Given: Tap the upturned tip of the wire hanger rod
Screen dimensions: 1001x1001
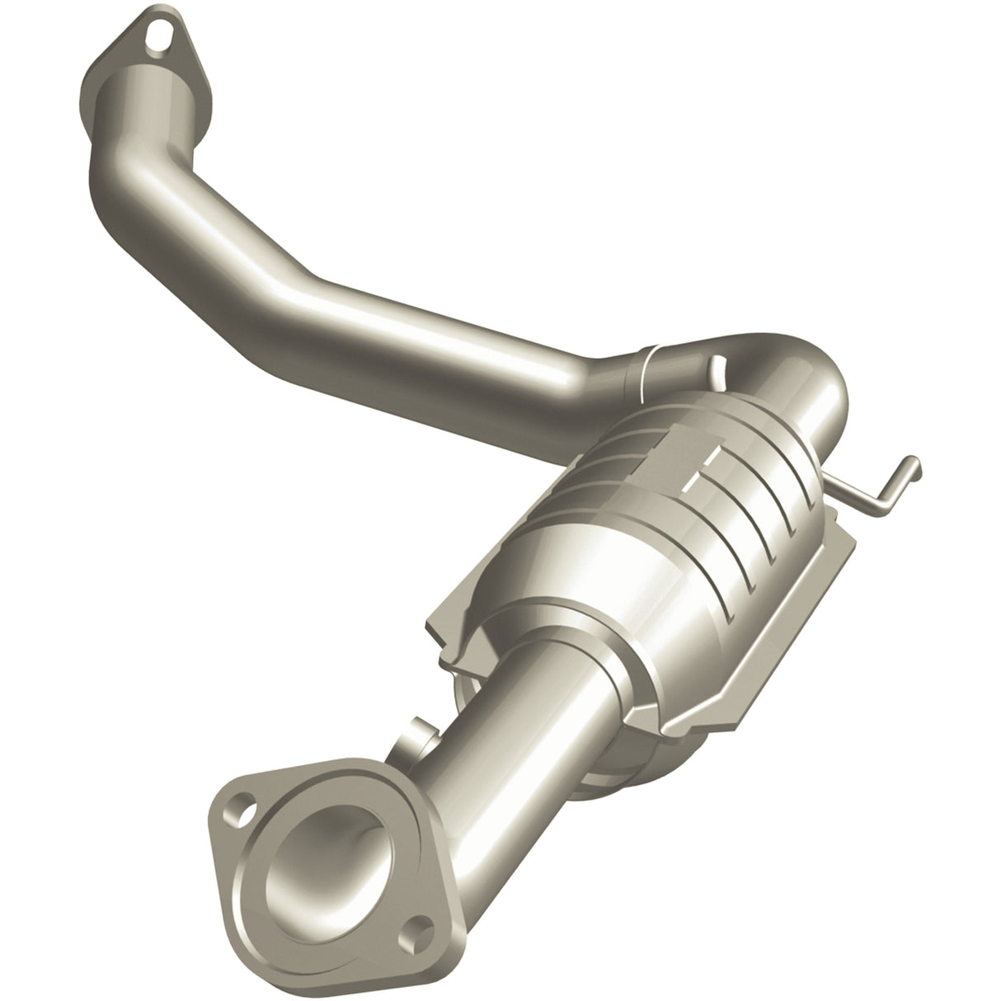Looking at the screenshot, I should pyautogui.click(x=913, y=467).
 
